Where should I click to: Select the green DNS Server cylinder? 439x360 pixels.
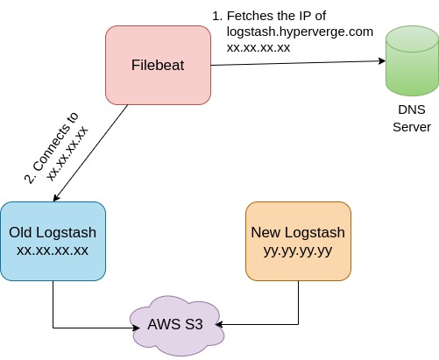point(411,61)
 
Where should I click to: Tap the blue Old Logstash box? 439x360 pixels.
point(53,242)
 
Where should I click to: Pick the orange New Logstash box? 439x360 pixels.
point(298,242)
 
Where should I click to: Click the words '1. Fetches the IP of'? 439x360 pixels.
point(280,16)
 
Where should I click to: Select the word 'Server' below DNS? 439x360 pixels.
point(411,127)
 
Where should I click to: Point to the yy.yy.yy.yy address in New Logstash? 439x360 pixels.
point(298,251)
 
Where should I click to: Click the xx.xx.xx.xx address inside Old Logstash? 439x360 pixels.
point(53,251)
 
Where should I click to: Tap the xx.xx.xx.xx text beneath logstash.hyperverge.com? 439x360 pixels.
point(258,47)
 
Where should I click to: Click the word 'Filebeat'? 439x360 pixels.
point(158,66)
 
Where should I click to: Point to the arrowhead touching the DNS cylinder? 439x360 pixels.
point(381,61)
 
